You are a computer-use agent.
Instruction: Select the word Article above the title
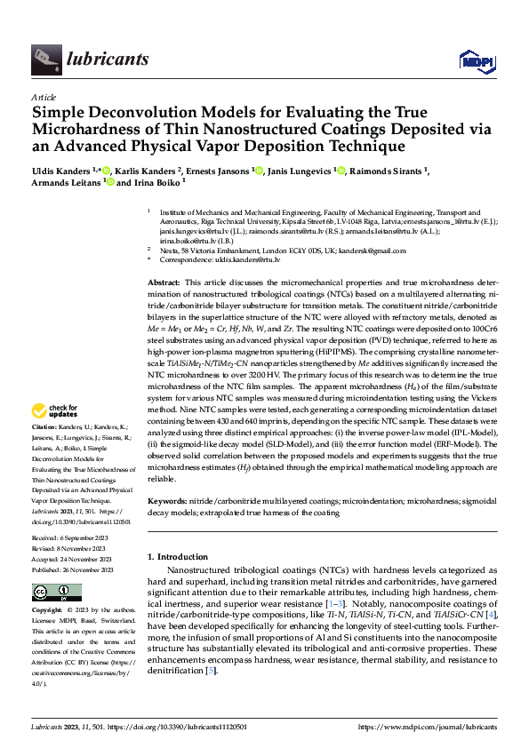43,97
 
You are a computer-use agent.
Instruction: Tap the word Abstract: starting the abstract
165,281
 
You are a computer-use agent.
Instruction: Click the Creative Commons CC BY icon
56,593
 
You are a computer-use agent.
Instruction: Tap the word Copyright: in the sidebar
48,611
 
